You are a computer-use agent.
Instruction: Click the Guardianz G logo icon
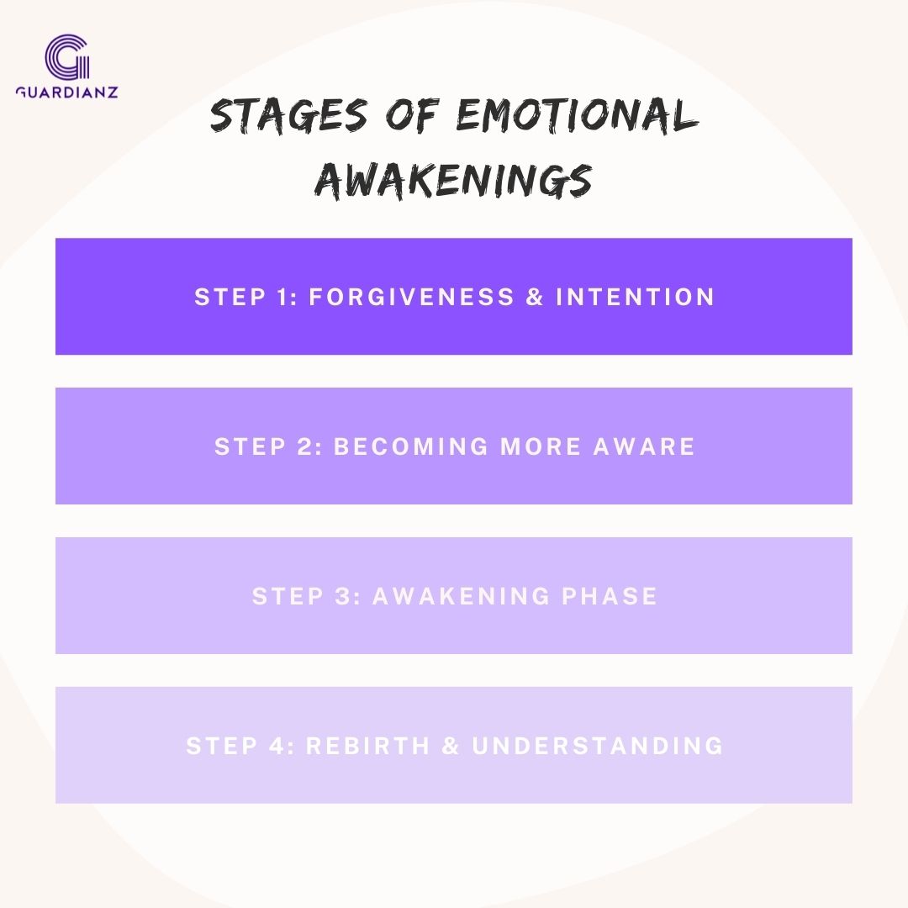coord(67,57)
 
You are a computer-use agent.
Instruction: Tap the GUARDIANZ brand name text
coord(67,92)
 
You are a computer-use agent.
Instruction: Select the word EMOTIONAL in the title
coord(578,114)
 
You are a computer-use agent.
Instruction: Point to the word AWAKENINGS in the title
coord(453,181)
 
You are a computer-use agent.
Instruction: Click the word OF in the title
coord(412,113)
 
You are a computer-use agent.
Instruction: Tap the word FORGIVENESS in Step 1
coord(412,297)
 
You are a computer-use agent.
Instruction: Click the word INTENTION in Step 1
coord(636,297)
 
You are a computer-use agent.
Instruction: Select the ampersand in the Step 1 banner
coord(535,297)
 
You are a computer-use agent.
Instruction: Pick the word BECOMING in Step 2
coord(411,446)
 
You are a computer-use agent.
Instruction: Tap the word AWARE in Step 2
coord(644,446)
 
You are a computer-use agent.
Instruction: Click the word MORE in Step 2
coord(541,446)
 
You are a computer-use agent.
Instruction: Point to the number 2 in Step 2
coord(304,446)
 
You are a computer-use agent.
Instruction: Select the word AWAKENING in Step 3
coord(461,596)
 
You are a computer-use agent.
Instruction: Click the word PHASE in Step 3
coord(610,596)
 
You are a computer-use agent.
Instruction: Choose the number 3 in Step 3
coord(342,596)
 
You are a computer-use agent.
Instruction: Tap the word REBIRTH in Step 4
coord(367,745)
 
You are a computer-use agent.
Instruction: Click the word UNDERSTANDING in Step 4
coord(598,745)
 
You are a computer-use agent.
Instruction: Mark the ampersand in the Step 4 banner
coord(451,745)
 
